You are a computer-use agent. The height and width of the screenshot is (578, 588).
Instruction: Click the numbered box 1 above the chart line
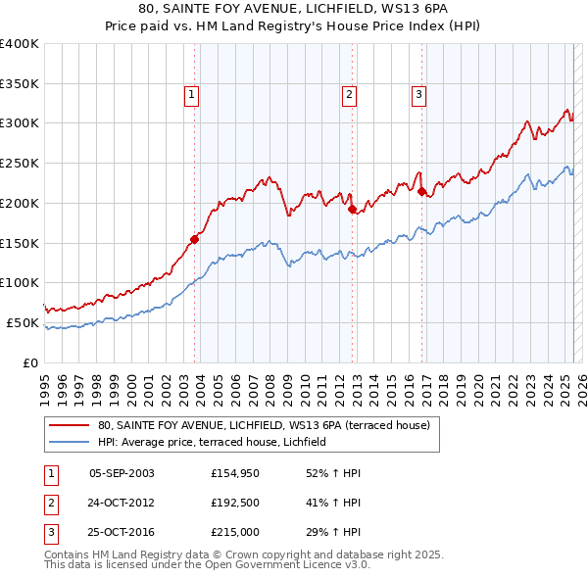(x=190, y=95)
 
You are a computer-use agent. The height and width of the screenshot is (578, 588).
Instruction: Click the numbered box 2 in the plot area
(x=349, y=95)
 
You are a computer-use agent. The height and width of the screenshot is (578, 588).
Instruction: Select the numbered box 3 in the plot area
(x=418, y=95)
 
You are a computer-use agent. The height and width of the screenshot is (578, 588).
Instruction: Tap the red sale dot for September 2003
(x=194, y=238)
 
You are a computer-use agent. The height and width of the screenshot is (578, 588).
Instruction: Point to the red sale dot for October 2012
(x=352, y=208)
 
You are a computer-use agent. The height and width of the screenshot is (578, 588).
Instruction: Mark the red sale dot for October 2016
(x=421, y=192)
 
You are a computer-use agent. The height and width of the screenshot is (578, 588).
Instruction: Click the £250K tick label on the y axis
(x=20, y=164)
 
